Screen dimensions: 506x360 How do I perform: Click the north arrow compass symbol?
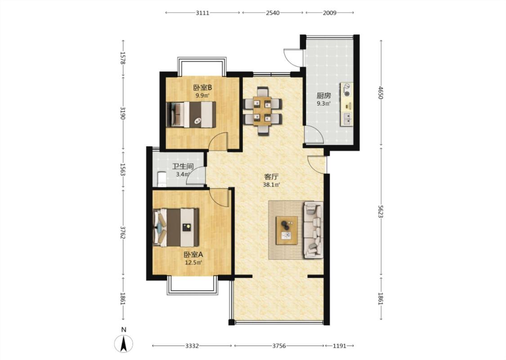(124, 343)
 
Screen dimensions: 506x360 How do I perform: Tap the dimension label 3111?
(202, 13)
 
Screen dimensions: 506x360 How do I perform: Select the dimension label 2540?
(273, 13)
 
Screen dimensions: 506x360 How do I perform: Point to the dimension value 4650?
(381, 92)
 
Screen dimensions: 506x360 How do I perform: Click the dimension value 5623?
(381, 212)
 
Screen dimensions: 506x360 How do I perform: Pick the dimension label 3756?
(279, 346)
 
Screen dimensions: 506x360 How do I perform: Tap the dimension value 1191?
(339, 346)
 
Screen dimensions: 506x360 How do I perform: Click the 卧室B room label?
(202, 87)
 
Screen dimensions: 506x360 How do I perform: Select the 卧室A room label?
(193, 255)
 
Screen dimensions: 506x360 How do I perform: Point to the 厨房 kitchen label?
(323, 95)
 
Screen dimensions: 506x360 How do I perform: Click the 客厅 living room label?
(271, 176)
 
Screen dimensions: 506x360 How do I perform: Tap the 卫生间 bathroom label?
(183, 166)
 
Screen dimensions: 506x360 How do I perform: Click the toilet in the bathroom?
(161, 179)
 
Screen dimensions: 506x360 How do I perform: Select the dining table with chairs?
(262, 111)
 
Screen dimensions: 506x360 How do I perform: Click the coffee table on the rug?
(287, 230)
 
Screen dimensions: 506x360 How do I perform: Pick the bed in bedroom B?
(191, 115)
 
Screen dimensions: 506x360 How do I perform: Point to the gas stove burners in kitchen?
(347, 90)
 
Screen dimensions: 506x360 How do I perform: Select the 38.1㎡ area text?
(271, 185)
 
